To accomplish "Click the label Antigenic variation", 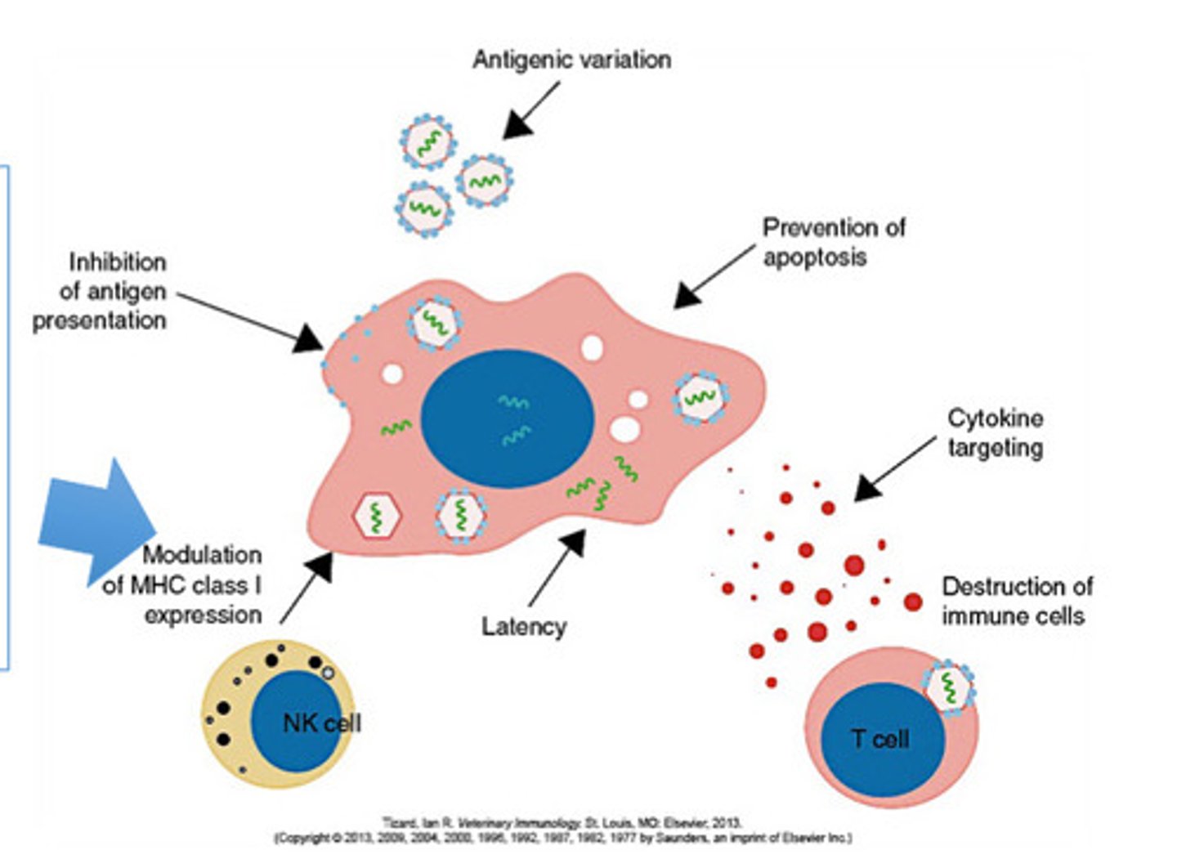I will click(x=571, y=60).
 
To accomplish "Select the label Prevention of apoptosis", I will click(x=833, y=242).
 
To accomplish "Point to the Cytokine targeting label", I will click(x=994, y=432).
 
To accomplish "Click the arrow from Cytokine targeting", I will click(x=894, y=468).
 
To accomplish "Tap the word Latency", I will click(x=523, y=627).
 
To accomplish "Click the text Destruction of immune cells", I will click(x=1016, y=601).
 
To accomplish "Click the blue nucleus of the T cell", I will click(x=882, y=740).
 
